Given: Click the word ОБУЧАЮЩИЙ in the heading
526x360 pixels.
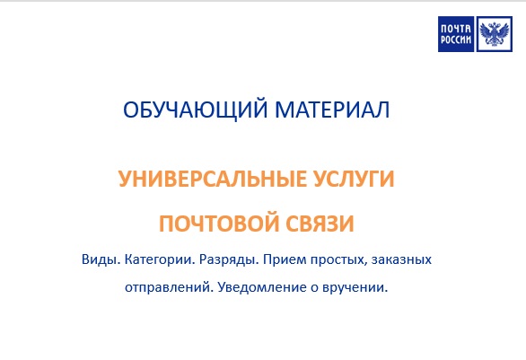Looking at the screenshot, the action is click(x=196, y=109).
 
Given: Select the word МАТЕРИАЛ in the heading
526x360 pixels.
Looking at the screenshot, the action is click(x=332, y=110).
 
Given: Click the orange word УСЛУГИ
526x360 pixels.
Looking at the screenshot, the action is click(x=354, y=179).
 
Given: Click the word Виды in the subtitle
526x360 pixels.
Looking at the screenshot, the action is click(x=101, y=259).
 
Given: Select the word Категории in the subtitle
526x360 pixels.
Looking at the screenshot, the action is click(x=160, y=260).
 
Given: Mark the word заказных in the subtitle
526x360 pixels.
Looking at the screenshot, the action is click(x=401, y=260).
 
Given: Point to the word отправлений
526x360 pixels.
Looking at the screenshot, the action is click(x=170, y=288).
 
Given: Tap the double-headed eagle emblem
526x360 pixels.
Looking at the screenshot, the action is click(x=495, y=34).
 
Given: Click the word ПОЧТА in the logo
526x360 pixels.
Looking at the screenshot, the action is click(x=456, y=29).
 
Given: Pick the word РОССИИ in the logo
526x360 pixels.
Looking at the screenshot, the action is click(x=456, y=40).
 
